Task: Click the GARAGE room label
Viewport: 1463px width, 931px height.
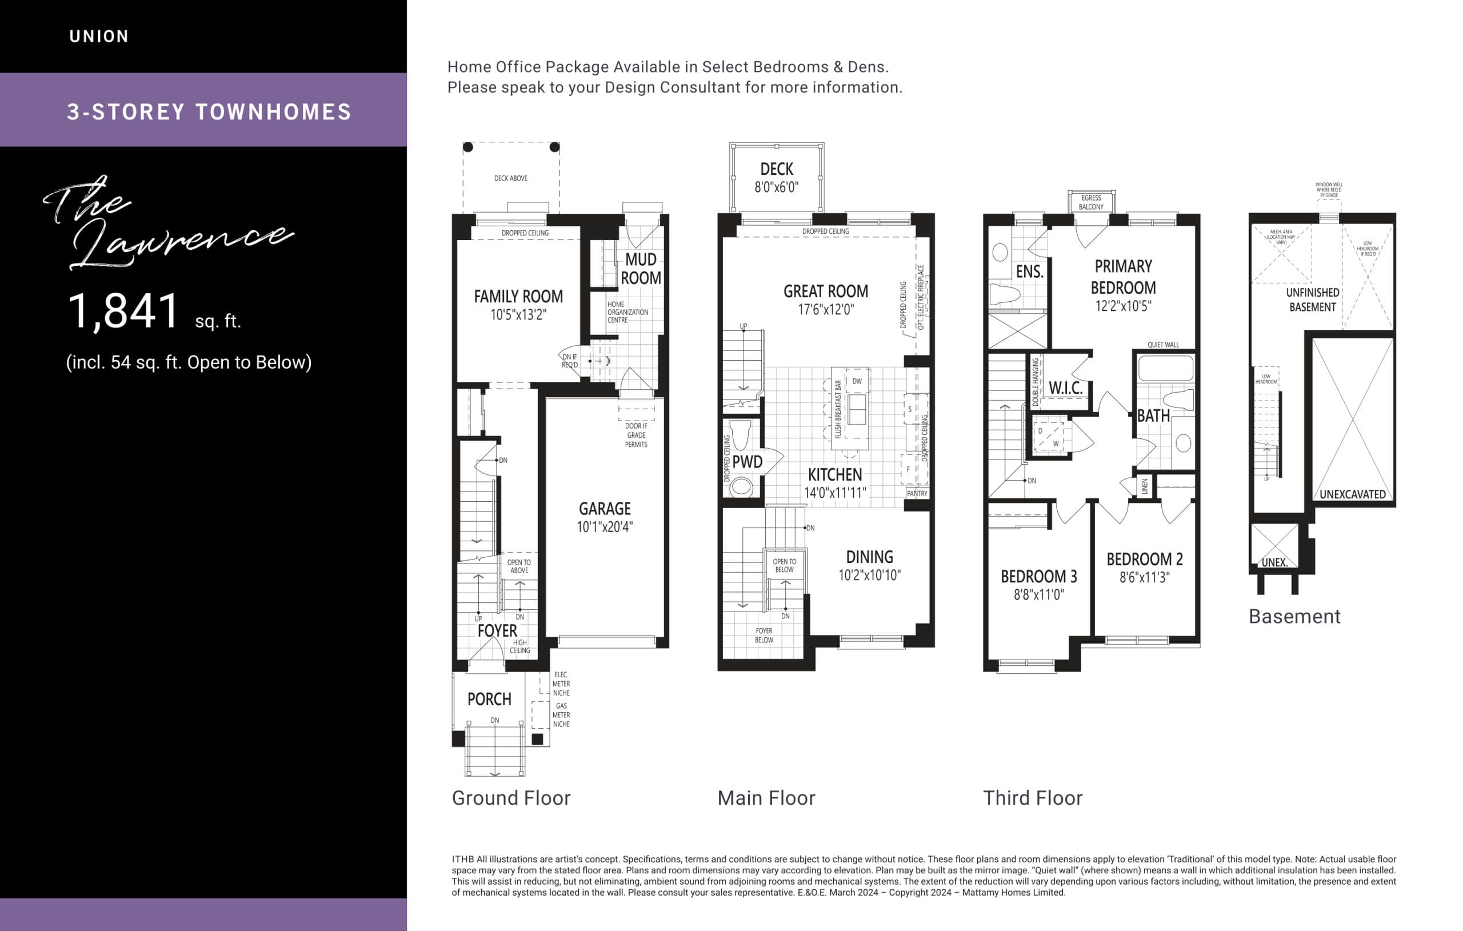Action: click(605, 509)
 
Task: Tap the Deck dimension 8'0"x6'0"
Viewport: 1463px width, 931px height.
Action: click(777, 188)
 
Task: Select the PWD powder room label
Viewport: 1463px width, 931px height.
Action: click(748, 462)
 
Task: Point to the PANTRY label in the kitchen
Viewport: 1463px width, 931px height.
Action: click(917, 493)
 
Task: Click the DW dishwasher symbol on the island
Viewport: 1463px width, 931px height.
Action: click(857, 382)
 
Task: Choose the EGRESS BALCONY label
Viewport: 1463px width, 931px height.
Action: click(1091, 202)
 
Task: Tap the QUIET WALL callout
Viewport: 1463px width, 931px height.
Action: click(1163, 345)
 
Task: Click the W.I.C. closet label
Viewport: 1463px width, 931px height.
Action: click(1066, 387)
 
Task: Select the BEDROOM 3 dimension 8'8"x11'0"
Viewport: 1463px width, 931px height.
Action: click(1039, 594)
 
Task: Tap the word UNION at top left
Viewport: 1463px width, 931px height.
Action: click(99, 37)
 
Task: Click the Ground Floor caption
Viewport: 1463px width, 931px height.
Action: click(511, 798)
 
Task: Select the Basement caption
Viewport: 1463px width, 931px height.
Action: click(1294, 616)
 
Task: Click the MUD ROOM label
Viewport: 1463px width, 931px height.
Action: click(641, 269)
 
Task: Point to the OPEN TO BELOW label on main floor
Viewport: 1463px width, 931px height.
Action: click(784, 566)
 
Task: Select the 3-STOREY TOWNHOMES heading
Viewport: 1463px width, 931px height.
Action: click(209, 112)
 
